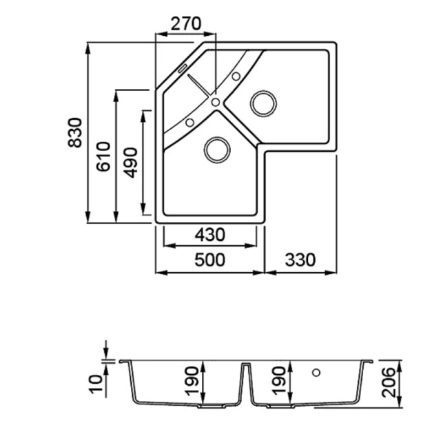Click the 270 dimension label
click(x=186, y=23)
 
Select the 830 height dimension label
click(x=75, y=132)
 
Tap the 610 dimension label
click(x=103, y=156)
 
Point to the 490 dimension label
click(x=131, y=163)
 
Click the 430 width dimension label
click(x=210, y=235)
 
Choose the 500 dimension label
click(x=209, y=260)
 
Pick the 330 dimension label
click(x=300, y=260)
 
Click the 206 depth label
click(x=389, y=382)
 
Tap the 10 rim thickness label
click(x=96, y=384)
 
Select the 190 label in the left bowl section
click(x=192, y=380)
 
